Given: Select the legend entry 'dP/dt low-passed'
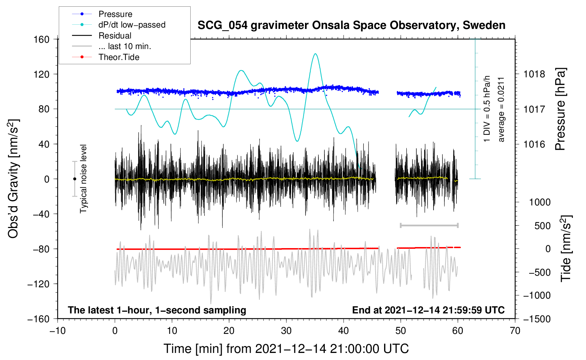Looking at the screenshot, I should (x=132, y=25).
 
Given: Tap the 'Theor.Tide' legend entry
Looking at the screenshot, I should (x=119, y=57).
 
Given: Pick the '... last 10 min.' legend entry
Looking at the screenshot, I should (x=125, y=46).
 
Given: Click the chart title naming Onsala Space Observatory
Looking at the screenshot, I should (x=351, y=25).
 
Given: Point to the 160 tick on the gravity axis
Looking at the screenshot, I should (x=42, y=39).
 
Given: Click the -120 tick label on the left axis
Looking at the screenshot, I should (x=38, y=284).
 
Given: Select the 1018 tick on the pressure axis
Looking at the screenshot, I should (x=534, y=74).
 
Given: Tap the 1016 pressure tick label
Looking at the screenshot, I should (x=534, y=144).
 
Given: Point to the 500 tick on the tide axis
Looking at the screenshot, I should (x=542, y=226).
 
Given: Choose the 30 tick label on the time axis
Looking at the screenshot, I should (x=286, y=331).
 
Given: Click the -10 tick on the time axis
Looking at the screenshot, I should (x=58, y=331).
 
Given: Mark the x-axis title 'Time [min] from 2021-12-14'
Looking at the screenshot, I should (x=286, y=349).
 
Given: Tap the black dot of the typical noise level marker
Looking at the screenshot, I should (x=74, y=179).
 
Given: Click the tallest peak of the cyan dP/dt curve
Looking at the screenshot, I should (x=315, y=54).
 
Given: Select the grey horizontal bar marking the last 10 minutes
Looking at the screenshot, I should (x=429, y=225).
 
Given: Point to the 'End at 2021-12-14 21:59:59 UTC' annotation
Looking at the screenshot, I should (x=428, y=310).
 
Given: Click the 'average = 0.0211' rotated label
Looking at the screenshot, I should (x=501, y=109).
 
